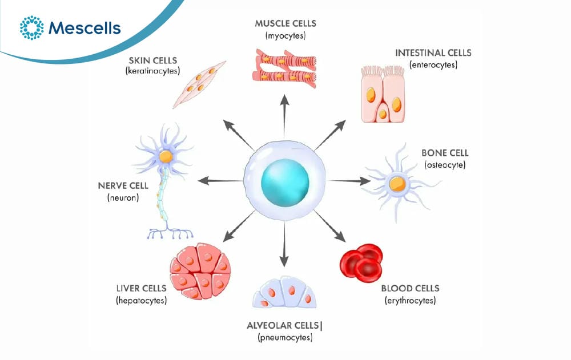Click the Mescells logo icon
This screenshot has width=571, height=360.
[31, 27]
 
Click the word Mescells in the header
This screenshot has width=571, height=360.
[85, 28]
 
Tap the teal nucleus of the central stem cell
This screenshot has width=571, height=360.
[285, 183]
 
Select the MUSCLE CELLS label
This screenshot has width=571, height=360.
[285, 23]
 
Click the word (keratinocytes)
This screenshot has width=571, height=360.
[153, 71]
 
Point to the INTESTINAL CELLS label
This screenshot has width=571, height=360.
[433, 53]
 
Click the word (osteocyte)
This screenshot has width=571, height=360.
[445, 165]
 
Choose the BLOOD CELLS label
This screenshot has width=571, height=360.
[411, 288]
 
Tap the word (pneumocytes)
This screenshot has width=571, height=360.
[285, 338]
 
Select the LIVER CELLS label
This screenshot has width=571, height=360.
[141, 288]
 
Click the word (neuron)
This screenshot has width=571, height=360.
[123, 197]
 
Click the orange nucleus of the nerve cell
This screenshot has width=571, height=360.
[166, 156]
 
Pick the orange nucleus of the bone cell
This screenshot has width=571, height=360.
[397, 184]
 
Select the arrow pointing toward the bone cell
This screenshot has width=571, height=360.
[349, 181]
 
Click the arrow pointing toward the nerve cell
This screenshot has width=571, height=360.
[220, 180]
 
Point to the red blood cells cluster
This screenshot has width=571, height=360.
[361, 263]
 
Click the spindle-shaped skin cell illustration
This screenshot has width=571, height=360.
[199, 84]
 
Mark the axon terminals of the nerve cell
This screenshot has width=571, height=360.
[170, 233]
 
